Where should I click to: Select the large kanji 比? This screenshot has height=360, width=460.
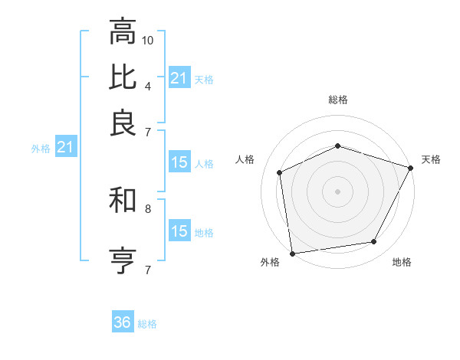(x=123, y=77)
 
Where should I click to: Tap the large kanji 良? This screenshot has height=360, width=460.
(x=123, y=122)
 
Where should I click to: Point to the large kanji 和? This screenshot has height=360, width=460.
(x=123, y=200)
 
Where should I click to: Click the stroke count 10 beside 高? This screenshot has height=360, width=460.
(x=149, y=39)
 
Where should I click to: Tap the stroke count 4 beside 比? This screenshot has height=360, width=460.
(x=147, y=84)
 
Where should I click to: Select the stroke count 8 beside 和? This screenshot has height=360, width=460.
(x=147, y=208)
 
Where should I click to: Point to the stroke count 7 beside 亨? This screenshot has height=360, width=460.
(x=147, y=269)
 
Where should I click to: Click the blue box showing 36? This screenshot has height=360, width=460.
(x=123, y=322)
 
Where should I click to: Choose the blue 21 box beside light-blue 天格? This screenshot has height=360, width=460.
(x=179, y=78)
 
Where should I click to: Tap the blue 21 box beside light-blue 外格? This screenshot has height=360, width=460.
(x=65, y=147)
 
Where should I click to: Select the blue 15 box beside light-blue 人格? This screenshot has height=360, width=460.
(x=179, y=162)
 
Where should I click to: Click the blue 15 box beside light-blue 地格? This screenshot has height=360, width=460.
(x=179, y=231)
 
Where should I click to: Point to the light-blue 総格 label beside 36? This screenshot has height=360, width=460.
(x=147, y=324)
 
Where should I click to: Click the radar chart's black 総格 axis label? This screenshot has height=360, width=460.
(x=337, y=100)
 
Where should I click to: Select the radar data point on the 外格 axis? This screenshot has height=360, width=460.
(x=292, y=253)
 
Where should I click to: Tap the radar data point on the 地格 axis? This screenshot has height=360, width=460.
(x=374, y=242)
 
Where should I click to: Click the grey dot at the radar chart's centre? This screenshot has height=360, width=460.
(x=337, y=191)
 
